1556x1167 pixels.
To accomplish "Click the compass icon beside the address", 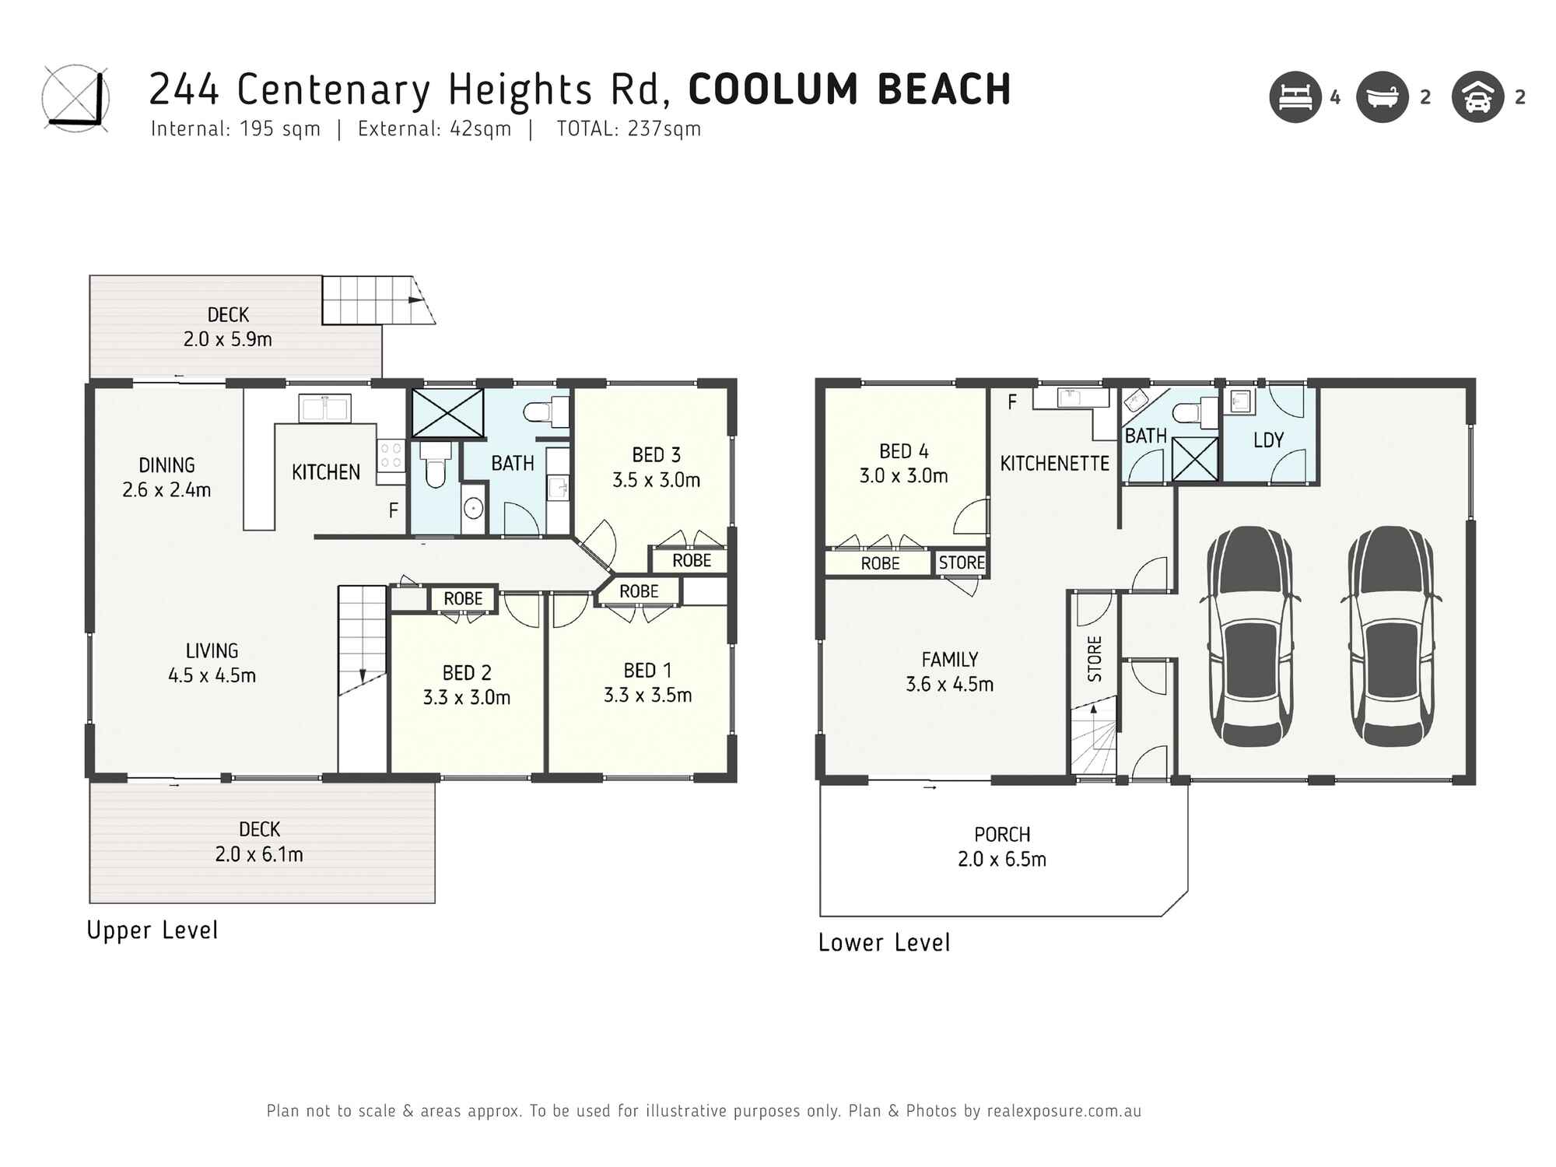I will pyautogui.click(x=75, y=98).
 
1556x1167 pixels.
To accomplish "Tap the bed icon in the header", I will pyautogui.click(x=1295, y=97).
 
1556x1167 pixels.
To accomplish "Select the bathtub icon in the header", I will pyautogui.click(x=1383, y=97).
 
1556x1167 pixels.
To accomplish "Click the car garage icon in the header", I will pyautogui.click(x=1477, y=97).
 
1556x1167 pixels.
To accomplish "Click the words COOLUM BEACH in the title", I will pyautogui.click(x=850, y=89).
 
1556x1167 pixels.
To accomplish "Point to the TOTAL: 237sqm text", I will pyautogui.click(x=629, y=129).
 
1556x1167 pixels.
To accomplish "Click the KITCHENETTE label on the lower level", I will pyautogui.click(x=1054, y=464).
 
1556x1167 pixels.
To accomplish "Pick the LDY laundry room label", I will pyautogui.click(x=1268, y=440).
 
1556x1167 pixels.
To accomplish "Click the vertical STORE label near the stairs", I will pyautogui.click(x=1095, y=658).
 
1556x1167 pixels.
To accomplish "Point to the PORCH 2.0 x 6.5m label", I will pyautogui.click(x=1002, y=846).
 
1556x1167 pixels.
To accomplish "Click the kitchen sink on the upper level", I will pyautogui.click(x=325, y=408).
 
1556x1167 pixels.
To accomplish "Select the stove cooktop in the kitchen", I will pyautogui.click(x=391, y=456).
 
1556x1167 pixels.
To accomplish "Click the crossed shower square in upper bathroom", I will pyautogui.click(x=447, y=413).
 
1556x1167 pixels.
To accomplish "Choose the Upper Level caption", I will pyautogui.click(x=152, y=930).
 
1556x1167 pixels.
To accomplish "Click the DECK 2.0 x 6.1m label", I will pyautogui.click(x=259, y=842).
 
